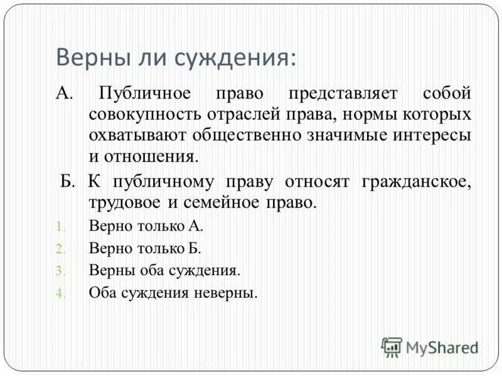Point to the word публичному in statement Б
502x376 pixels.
click(x=164, y=182)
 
